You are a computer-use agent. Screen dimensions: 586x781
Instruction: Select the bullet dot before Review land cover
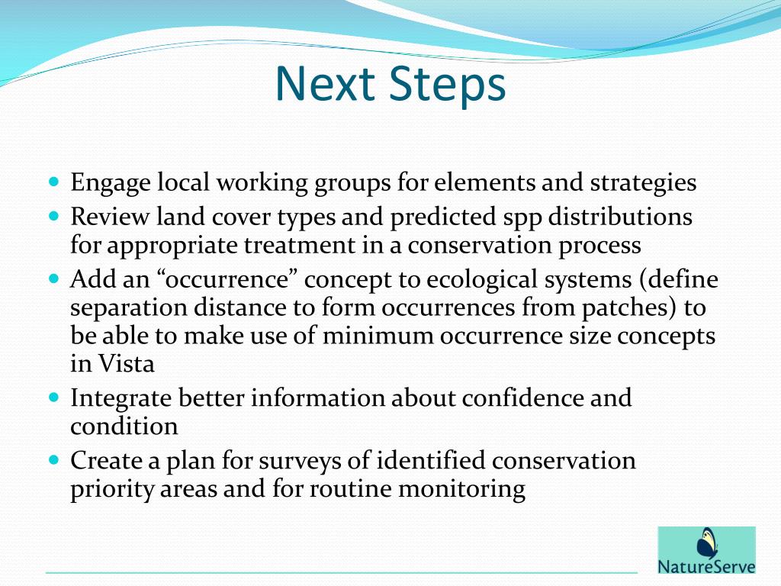(53, 217)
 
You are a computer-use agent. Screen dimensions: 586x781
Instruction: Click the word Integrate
(121, 398)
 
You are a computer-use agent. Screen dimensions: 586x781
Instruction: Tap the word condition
(124, 426)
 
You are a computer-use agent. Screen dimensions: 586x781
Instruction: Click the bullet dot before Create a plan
(53, 461)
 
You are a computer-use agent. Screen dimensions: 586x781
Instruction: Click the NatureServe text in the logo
(707, 567)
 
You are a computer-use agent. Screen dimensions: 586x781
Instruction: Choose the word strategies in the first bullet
(642, 184)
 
